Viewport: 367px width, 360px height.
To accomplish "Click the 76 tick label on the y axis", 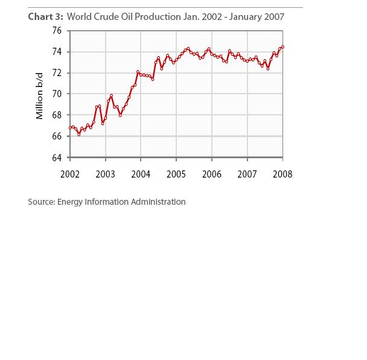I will [x=58, y=31].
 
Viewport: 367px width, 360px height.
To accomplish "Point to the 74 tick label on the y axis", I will [x=58, y=52].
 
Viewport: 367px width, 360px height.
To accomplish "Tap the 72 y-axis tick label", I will [x=58, y=73].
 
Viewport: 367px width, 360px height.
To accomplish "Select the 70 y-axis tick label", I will [x=58, y=94].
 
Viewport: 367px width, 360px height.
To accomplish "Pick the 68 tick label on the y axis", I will [x=58, y=115].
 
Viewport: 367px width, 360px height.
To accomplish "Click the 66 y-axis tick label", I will [x=58, y=137].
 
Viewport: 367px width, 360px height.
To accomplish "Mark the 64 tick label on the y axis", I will [x=58, y=158].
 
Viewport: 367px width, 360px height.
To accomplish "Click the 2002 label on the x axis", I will [x=70, y=174].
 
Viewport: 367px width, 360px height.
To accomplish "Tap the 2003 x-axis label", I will [x=106, y=174].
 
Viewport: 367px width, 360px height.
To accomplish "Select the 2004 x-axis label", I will [x=141, y=174].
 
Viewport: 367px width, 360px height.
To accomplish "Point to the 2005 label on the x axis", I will [x=176, y=174].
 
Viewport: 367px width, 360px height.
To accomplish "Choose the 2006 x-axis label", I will [x=211, y=174].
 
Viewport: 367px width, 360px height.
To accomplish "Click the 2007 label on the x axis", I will [x=247, y=174].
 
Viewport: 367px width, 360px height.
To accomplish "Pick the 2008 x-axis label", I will [x=282, y=174].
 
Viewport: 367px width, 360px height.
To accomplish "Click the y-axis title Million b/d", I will [x=40, y=95].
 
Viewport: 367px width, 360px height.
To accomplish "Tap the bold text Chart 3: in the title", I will [x=45, y=17].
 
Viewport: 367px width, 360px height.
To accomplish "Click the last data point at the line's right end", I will [x=282, y=47].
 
